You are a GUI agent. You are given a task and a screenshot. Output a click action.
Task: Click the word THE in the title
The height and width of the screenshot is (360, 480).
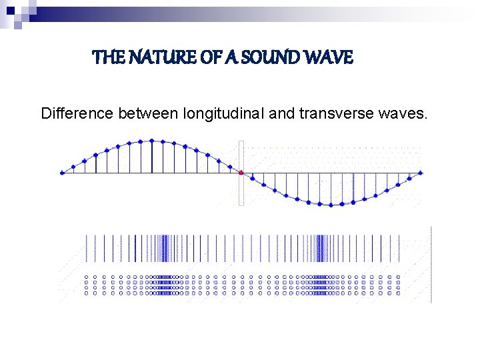point(107,58)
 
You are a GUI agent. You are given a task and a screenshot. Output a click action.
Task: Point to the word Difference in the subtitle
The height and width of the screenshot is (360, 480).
point(77,114)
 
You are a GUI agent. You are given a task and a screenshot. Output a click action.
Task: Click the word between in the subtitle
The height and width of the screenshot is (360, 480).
point(147,114)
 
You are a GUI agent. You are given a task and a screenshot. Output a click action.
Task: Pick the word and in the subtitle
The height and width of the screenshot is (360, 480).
point(282,114)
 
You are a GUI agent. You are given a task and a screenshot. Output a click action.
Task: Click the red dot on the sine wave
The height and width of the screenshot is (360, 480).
point(241,173)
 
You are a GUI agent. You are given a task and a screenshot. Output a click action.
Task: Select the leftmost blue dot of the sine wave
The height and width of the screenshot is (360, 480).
point(62,173)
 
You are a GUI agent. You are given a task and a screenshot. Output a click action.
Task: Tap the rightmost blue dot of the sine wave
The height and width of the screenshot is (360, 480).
point(421,173)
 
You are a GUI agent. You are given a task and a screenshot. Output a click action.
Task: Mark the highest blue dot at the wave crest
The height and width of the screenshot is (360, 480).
point(152,141)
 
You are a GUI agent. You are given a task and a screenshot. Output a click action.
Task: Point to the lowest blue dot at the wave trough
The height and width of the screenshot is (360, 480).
point(331,205)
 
